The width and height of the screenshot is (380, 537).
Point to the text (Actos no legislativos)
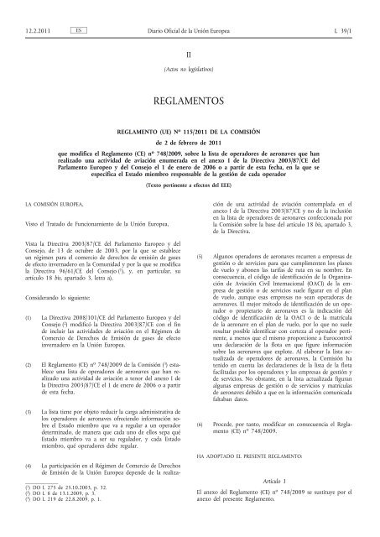tap(190, 66)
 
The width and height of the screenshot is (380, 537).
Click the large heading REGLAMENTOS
tap(190, 96)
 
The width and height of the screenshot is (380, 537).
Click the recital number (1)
tap(30, 307)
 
